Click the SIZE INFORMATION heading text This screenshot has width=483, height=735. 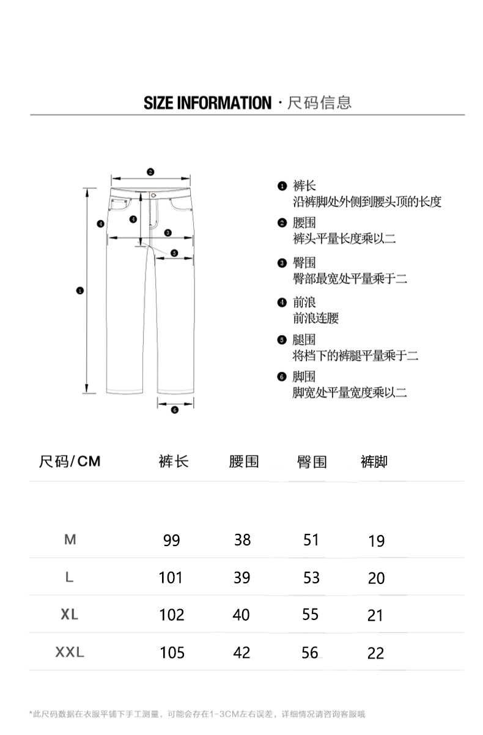click(207, 102)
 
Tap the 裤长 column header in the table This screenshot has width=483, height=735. click(174, 461)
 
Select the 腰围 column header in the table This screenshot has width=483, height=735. click(244, 461)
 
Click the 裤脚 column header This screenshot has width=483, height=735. click(374, 461)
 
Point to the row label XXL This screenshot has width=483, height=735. click(70, 652)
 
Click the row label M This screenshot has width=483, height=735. click(70, 540)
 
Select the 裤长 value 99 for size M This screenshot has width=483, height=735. click(172, 541)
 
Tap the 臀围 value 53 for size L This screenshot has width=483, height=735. click(311, 577)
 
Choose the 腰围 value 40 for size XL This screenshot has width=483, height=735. click(242, 615)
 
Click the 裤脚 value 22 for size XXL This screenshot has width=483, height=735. click(376, 653)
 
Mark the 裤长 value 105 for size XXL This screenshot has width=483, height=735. click(172, 652)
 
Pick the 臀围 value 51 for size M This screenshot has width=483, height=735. click(311, 540)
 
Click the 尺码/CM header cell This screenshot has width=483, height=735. click(70, 461)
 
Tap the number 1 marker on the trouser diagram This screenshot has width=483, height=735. click(79, 290)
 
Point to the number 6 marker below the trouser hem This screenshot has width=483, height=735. click(174, 410)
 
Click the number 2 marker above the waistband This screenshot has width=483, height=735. click(150, 172)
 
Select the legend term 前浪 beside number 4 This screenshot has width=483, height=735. click(304, 302)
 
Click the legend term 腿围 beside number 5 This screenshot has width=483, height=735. click(304, 340)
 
